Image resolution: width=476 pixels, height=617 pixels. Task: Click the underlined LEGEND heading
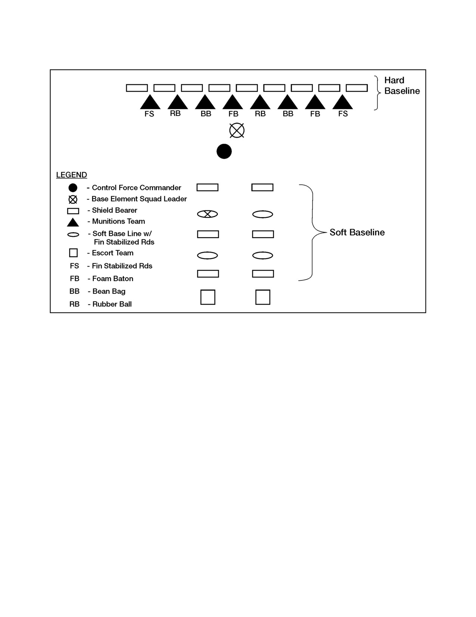click(x=71, y=175)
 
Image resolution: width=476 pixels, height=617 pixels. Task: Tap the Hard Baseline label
click(x=402, y=86)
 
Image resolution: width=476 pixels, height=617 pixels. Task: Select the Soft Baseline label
click(x=357, y=232)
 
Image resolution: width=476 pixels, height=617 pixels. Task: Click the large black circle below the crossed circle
click(x=224, y=151)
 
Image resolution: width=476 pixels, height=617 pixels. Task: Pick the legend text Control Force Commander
click(x=136, y=188)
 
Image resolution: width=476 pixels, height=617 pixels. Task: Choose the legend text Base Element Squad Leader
click(x=139, y=199)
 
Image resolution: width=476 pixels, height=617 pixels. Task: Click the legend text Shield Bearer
click(x=115, y=210)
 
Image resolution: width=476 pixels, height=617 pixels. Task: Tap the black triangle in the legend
click(x=73, y=222)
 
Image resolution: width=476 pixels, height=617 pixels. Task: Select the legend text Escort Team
click(x=112, y=253)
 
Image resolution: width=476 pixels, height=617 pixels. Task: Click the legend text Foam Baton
click(x=112, y=279)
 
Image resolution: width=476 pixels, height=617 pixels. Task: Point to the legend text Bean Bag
click(x=109, y=291)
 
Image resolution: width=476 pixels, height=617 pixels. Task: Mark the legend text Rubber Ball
click(x=112, y=304)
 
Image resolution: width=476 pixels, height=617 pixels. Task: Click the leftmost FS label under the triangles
click(x=149, y=114)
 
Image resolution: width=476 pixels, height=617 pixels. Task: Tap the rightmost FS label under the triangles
click(x=343, y=114)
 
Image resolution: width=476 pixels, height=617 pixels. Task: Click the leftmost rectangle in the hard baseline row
click(x=137, y=88)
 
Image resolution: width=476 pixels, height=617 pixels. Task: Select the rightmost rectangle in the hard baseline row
click(x=357, y=88)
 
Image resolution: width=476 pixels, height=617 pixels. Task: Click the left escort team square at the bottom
click(x=208, y=297)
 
